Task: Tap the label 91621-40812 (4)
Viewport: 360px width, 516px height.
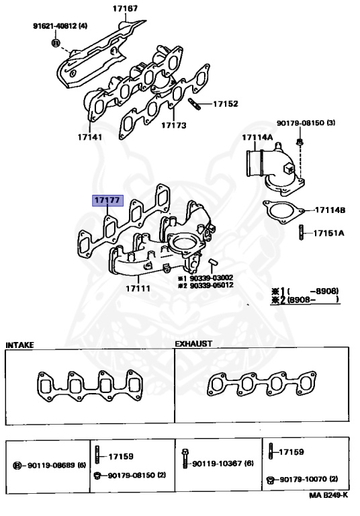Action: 60,26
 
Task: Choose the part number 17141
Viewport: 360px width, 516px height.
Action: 89,136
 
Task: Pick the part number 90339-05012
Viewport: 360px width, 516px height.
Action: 210,285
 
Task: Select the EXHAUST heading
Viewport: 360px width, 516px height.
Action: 193,343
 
